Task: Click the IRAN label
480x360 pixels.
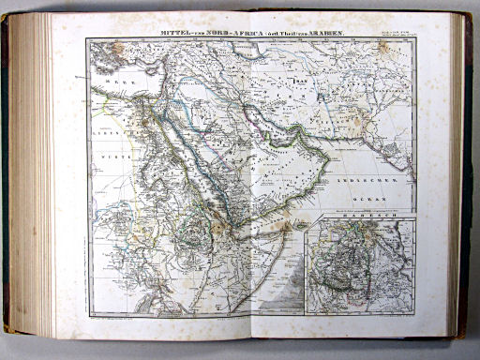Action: [x=301, y=82]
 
